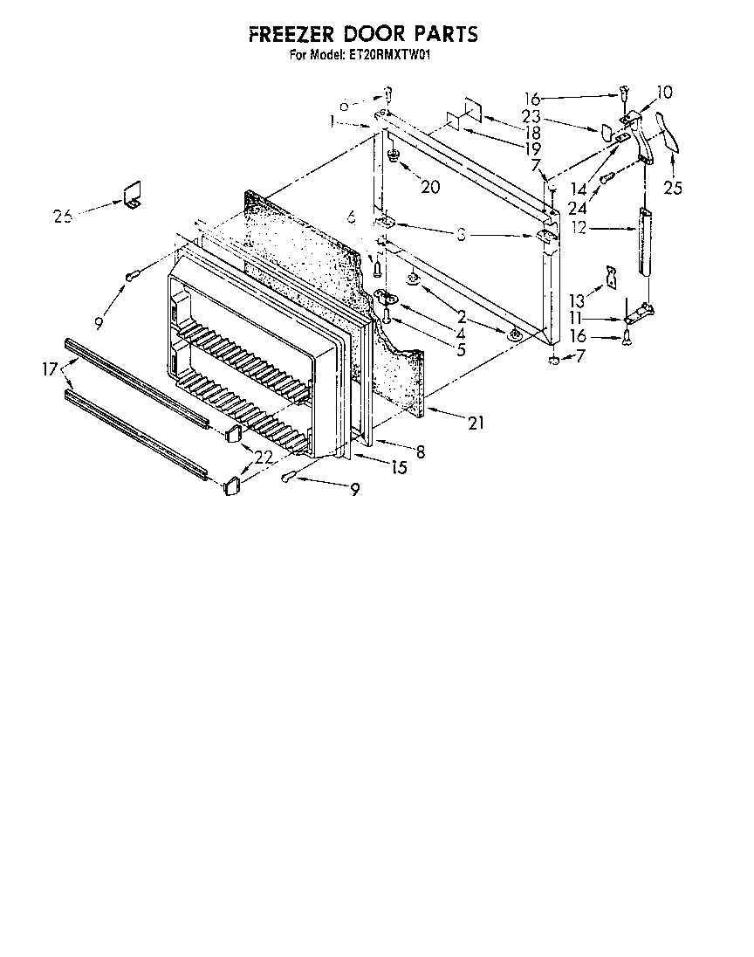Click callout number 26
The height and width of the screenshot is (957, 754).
click(x=62, y=216)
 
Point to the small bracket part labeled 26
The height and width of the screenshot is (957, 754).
click(x=132, y=196)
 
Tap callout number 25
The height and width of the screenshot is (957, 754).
click(x=672, y=187)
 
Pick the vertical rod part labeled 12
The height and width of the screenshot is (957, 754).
click(x=646, y=242)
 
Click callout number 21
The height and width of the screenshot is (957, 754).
click(x=476, y=424)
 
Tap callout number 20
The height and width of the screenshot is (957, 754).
click(x=429, y=186)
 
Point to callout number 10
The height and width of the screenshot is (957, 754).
click(x=664, y=91)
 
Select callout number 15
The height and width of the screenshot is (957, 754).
click(x=398, y=468)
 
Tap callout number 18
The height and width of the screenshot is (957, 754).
click(x=531, y=133)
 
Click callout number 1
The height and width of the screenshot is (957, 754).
click(x=333, y=122)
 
